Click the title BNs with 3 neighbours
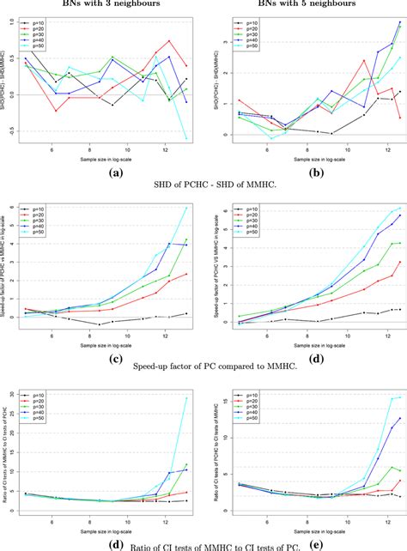pyautogui.click(x=102, y=4)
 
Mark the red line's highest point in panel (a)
pyautogui.click(x=171, y=40)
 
